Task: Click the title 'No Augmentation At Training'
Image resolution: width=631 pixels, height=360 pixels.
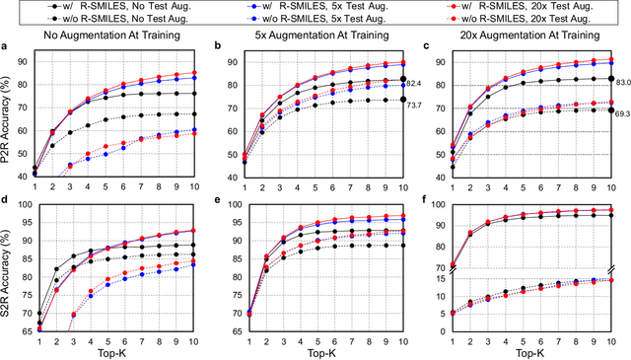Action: click(x=118, y=38)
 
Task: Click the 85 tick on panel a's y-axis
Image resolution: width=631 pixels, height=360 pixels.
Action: click(x=25, y=74)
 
